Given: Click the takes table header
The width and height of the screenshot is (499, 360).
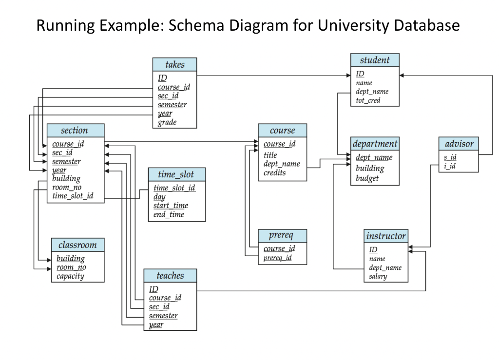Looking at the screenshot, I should [175, 64].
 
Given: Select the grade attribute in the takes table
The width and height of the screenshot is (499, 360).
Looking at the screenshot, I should [167, 122].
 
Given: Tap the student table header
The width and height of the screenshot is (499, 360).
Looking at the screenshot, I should [375, 60].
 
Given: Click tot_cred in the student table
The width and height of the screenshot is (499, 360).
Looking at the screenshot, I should [368, 100].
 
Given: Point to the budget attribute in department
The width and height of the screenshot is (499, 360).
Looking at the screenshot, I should [367, 178].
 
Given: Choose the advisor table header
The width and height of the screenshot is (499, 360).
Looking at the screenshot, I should [459, 144].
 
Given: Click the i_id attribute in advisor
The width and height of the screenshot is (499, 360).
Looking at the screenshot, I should [449, 167].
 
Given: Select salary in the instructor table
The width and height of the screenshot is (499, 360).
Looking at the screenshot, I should [378, 276].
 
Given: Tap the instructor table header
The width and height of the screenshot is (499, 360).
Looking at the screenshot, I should [385, 236].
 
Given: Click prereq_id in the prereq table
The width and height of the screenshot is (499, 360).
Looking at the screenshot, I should [277, 258].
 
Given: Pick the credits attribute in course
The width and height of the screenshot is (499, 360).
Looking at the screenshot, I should [274, 173].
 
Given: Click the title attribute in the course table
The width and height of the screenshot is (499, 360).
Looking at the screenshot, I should [270, 155].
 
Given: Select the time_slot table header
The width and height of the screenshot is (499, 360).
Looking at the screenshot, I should [176, 174].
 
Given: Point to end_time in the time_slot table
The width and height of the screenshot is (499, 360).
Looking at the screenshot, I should [169, 214].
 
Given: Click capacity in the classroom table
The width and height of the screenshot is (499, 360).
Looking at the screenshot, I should [70, 276].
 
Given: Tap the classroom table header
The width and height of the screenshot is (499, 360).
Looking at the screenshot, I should [77, 245].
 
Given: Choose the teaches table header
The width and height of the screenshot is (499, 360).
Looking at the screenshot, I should [170, 275].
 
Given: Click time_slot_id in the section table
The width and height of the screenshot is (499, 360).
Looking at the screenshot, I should [73, 196].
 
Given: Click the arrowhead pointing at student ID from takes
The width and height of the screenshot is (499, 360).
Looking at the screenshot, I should [347, 76].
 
